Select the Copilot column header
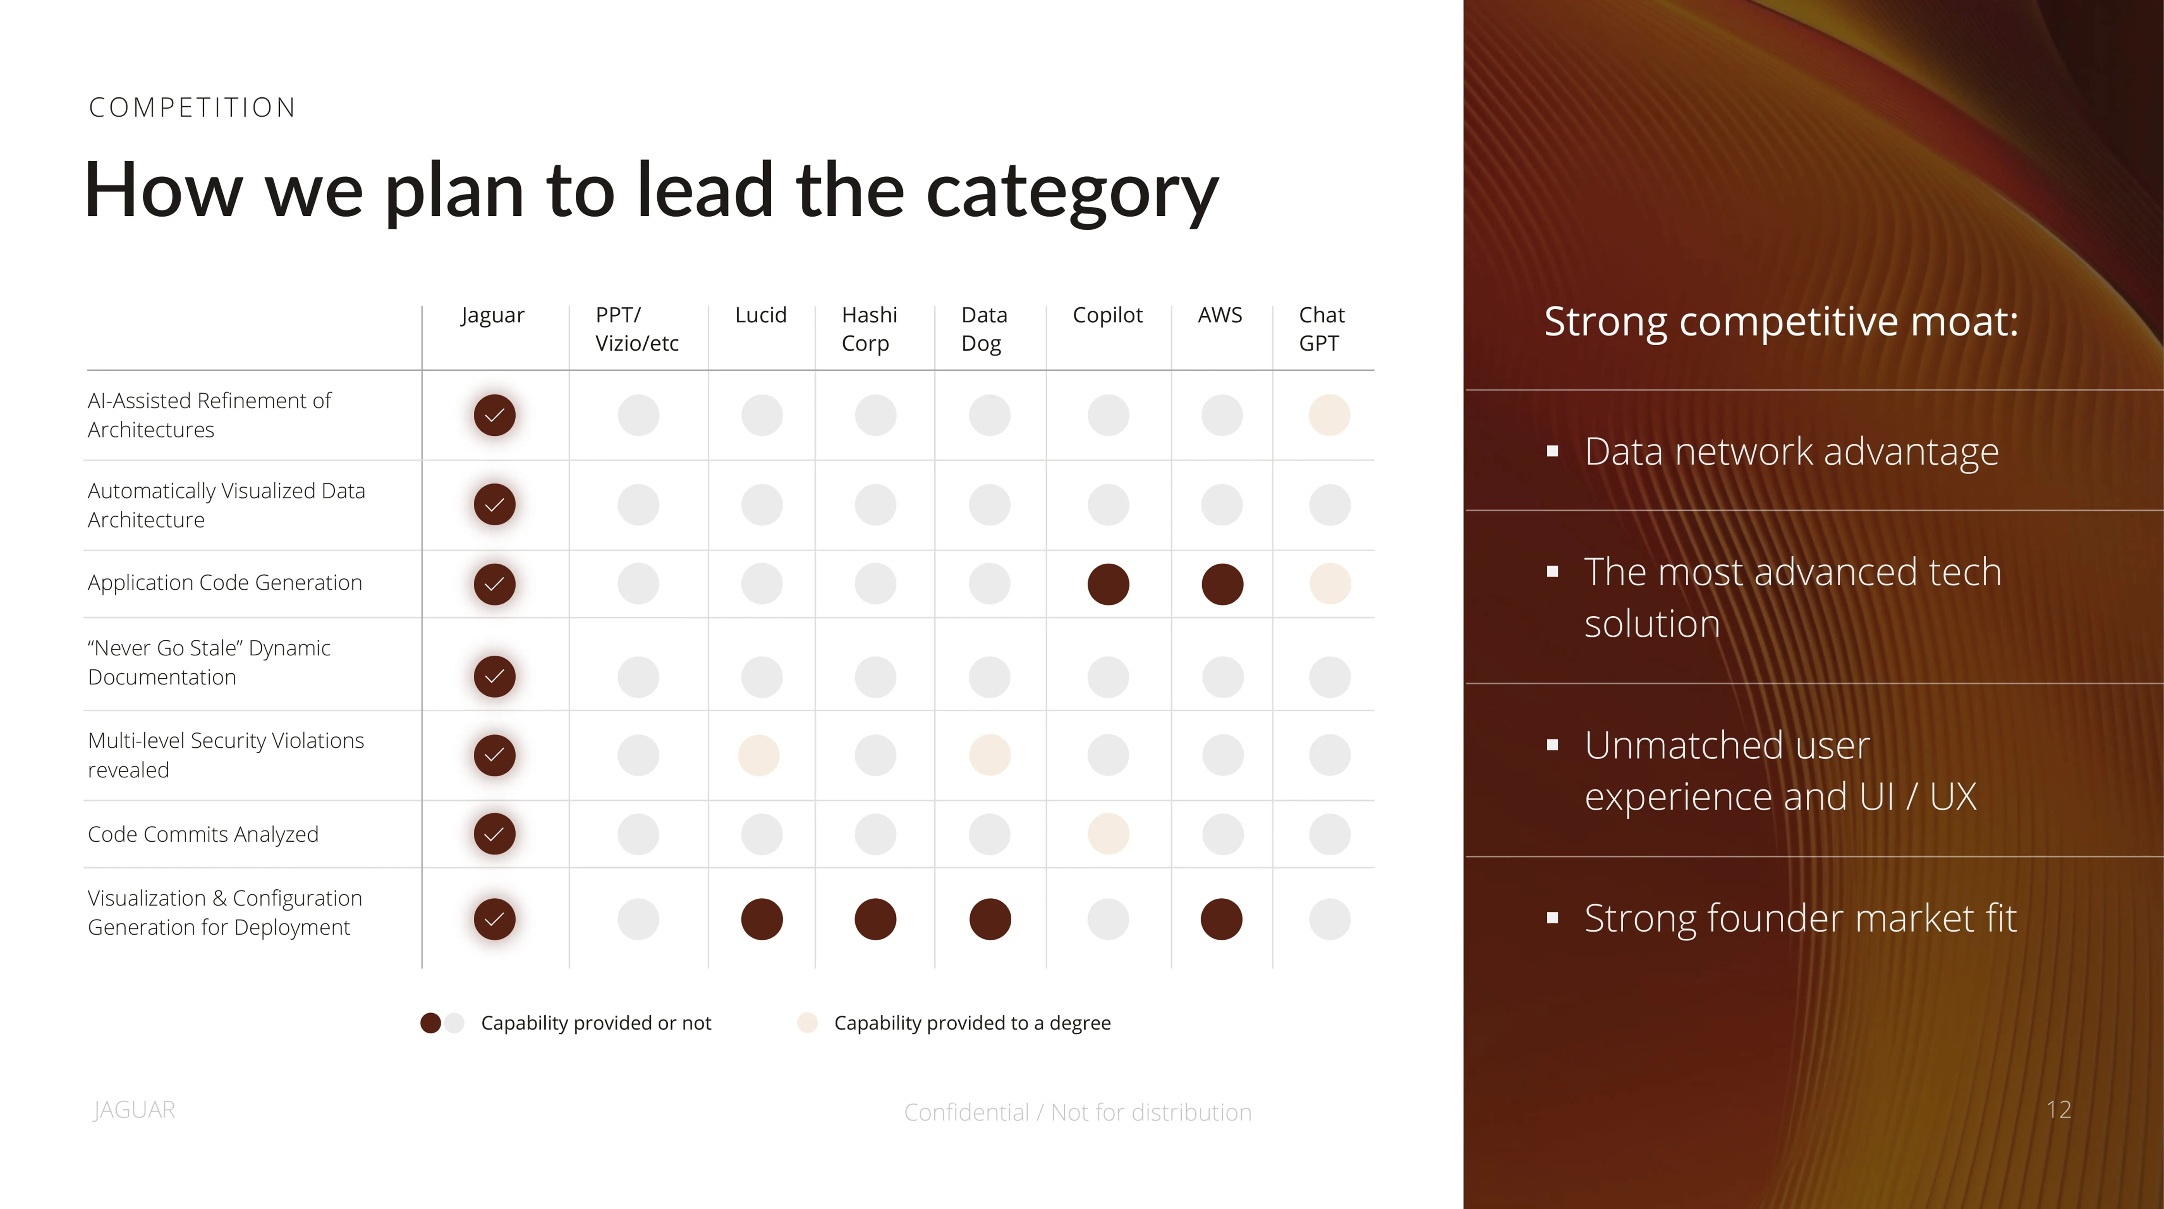coord(1107,315)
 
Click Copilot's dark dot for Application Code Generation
coord(1108,584)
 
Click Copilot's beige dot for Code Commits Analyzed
coord(1108,834)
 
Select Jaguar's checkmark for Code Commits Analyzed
coord(494,834)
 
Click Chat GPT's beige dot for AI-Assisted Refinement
coord(1329,415)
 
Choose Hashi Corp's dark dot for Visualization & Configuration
coord(875,919)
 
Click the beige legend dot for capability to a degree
coord(807,1023)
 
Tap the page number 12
coord(2058,1110)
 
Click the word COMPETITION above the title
coord(192,107)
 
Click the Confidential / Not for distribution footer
coord(1077,1112)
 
